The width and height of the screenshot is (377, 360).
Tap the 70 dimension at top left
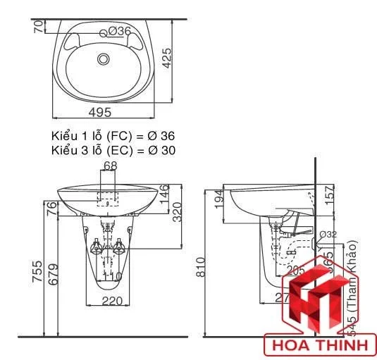pos(37,27)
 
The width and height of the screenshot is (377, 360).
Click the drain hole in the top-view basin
pos(104,59)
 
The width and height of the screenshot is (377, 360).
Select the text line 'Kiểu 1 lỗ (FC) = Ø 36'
pos(113,135)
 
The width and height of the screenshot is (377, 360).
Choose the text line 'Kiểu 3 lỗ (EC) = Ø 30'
pos(113,149)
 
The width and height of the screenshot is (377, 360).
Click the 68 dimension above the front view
pos(110,166)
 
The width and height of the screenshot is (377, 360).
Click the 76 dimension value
pos(51,209)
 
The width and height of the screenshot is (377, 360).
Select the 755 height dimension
pos(36,273)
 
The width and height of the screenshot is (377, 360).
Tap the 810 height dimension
pos(201,266)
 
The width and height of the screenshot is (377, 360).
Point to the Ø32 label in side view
pos(328,235)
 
